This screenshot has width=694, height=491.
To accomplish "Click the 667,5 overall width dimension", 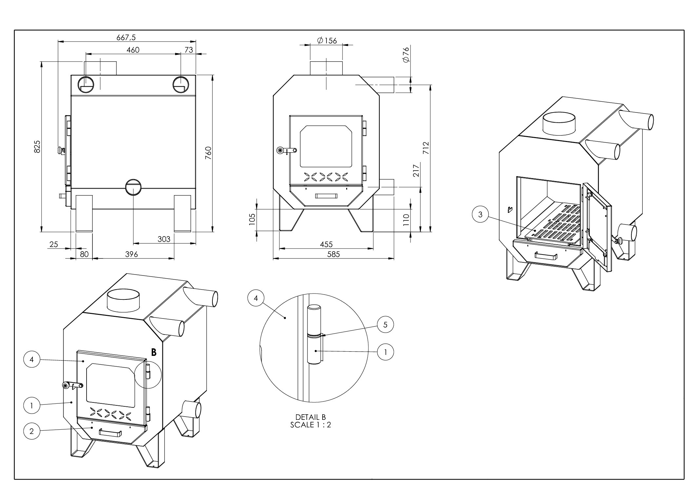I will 126,37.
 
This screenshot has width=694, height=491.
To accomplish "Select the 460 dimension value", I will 133,50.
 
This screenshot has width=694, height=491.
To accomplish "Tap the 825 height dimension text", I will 37,146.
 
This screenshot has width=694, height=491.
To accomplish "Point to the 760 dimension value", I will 208,153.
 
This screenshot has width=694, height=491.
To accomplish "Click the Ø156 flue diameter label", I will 327,41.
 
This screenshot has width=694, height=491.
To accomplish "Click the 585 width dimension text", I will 333,254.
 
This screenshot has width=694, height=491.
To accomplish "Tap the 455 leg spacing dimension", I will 326,244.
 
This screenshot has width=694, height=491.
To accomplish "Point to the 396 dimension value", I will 131,254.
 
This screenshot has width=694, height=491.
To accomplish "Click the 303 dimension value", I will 164,239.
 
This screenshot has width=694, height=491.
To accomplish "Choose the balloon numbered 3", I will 480,215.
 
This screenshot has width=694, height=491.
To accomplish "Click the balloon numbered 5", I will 385,325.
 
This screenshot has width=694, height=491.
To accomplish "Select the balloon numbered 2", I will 31,431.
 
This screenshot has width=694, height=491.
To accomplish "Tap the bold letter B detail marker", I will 153,353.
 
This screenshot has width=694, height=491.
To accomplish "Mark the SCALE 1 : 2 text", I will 310,425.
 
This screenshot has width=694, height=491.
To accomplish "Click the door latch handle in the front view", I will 287,151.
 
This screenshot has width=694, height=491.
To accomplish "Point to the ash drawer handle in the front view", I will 326,196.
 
